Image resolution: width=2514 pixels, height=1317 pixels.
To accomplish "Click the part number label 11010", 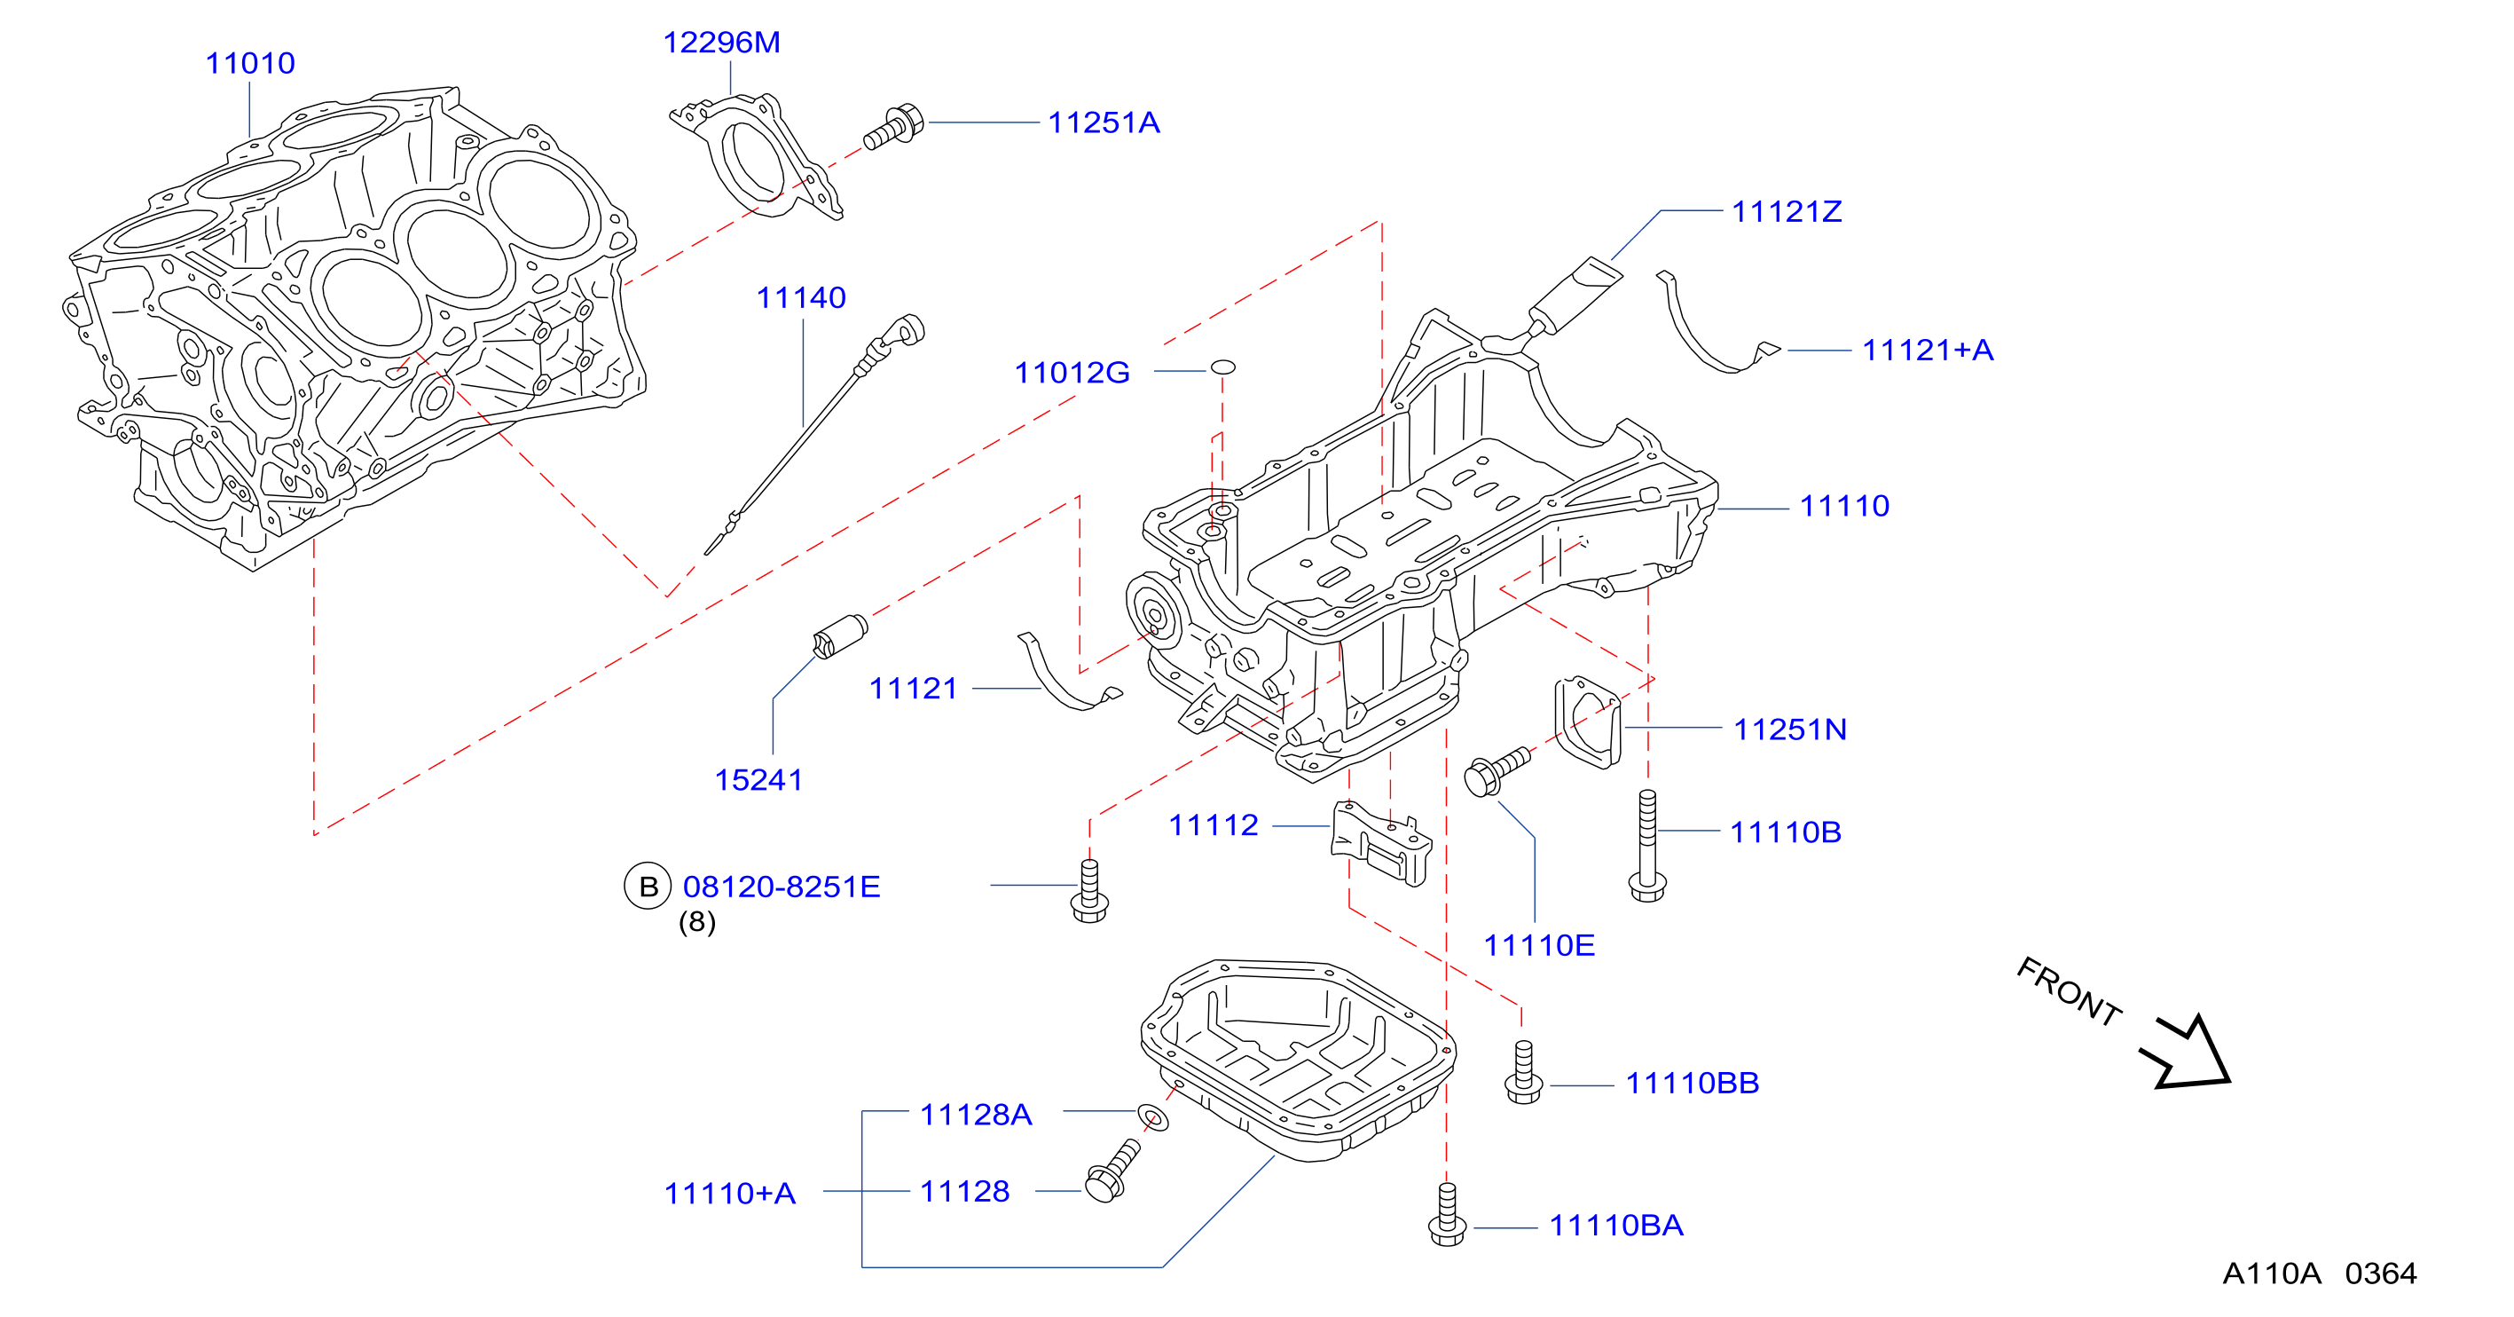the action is click(x=250, y=64).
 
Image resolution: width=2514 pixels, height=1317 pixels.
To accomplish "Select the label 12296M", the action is click(x=721, y=43).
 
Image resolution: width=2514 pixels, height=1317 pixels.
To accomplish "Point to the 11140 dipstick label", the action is click(x=801, y=298).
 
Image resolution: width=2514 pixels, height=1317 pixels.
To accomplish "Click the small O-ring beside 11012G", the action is click(x=1222, y=367).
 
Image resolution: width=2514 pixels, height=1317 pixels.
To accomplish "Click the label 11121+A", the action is click(x=1928, y=351).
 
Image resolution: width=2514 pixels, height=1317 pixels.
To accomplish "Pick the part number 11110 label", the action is click(x=1844, y=506).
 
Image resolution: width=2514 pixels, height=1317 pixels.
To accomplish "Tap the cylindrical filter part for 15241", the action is click(x=840, y=635).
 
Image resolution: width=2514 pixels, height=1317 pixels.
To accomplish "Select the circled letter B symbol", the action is click(x=648, y=886).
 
